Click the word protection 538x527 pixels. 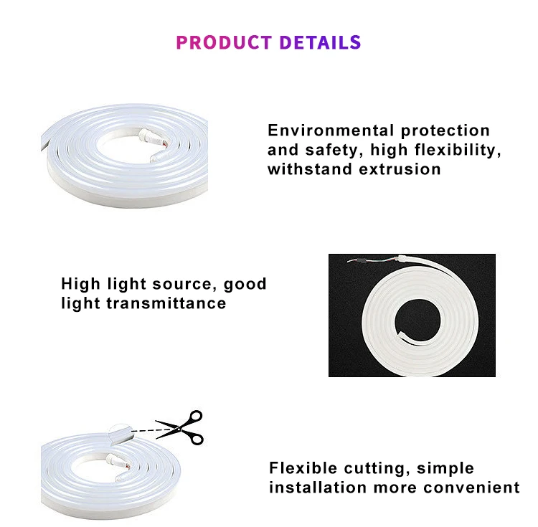tap(445, 130)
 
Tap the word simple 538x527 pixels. tap(446, 468)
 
